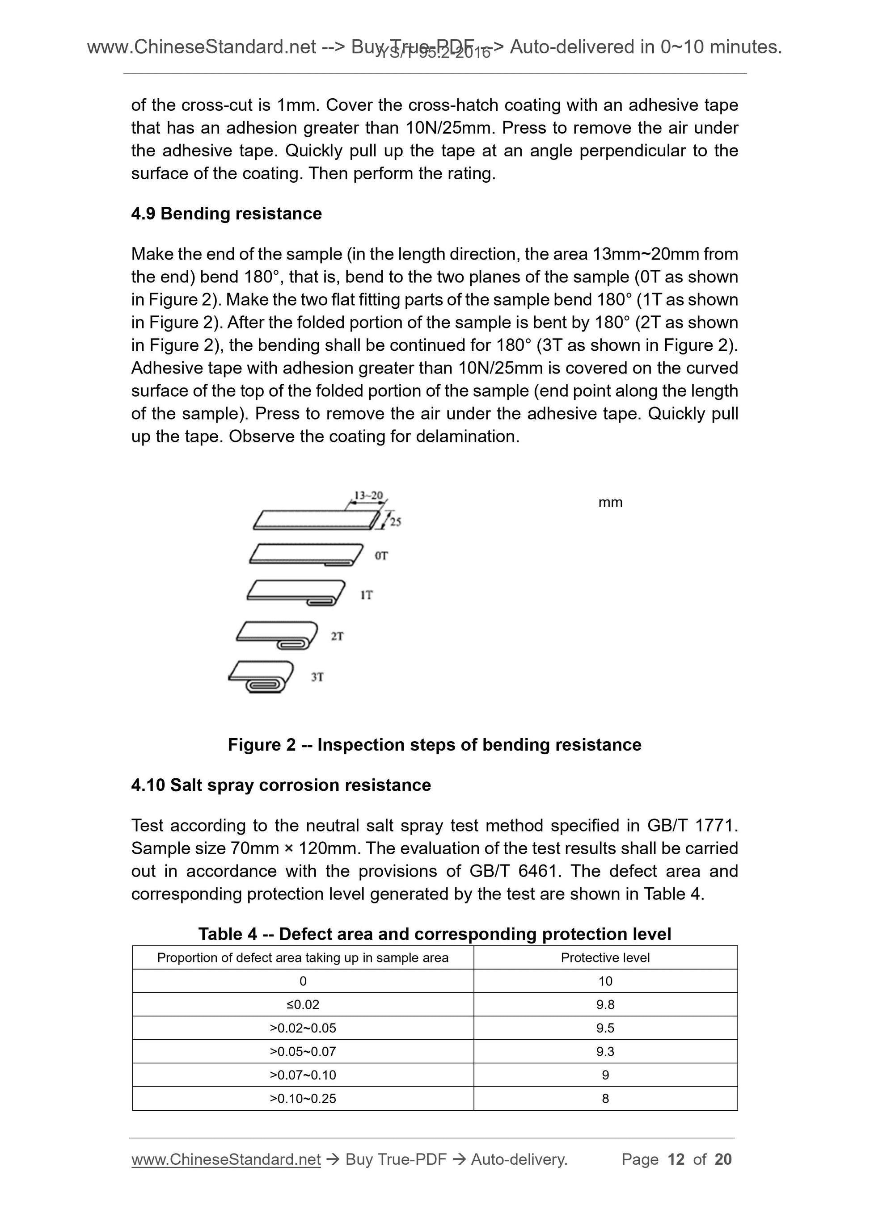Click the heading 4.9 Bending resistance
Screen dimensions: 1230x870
coord(226,213)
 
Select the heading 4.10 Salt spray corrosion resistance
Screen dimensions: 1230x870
coord(281,785)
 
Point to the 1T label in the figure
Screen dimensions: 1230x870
coord(367,595)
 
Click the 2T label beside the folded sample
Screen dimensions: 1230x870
coord(337,636)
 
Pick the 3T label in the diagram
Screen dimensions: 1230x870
coord(317,677)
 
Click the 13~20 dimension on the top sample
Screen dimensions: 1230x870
coord(369,495)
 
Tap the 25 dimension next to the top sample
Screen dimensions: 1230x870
coord(396,521)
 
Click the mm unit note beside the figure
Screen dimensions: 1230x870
coord(610,502)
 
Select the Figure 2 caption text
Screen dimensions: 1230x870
coord(434,745)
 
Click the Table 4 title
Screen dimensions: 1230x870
coord(434,934)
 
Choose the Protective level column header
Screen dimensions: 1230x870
coord(605,957)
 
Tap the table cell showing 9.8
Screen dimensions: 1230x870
coord(605,1004)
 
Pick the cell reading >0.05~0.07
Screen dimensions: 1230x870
coord(303,1051)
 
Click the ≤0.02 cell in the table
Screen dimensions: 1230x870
coord(303,1004)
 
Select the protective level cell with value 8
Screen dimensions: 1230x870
coord(605,1098)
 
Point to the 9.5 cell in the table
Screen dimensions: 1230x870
coord(605,1028)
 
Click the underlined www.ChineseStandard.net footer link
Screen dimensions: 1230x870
coord(226,1159)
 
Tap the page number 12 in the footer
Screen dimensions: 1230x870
coord(676,1159)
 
